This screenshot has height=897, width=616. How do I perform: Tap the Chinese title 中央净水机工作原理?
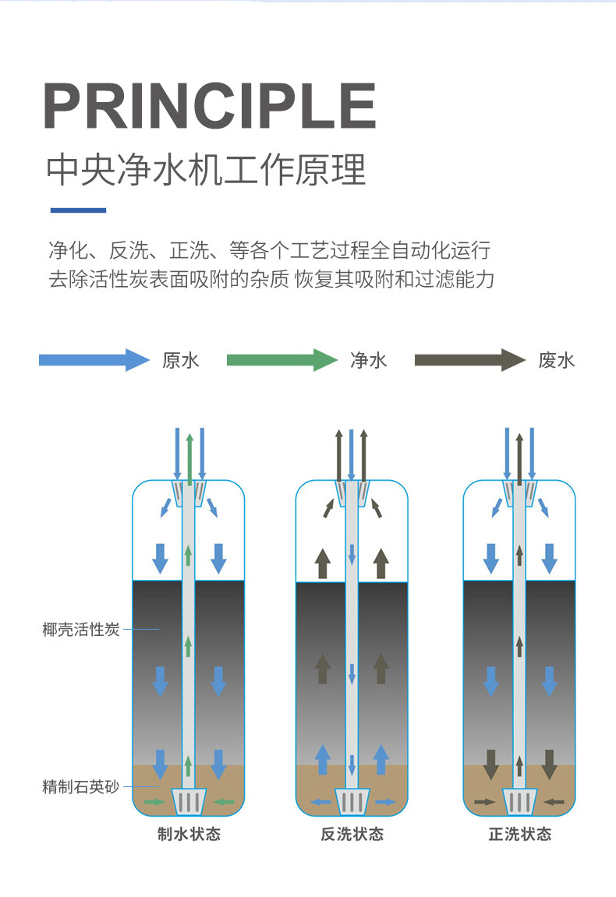point(206,170)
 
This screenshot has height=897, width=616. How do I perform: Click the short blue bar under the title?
point(78,210)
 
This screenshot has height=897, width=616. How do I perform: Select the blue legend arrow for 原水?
point(94,360)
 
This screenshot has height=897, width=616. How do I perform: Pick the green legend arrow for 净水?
point(281,360)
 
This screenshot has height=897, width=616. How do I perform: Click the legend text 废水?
point(556,360)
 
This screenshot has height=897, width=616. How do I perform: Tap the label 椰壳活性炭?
point(81,630)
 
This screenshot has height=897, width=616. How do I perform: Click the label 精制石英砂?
point(81,786)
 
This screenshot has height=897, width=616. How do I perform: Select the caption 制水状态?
point(189,835)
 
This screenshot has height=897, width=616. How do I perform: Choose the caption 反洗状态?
point(352,835)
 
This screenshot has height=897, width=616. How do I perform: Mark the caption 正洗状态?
point(519,835)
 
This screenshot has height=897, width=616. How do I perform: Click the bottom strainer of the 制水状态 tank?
point(189,800)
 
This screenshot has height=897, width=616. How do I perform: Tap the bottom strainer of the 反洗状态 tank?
point(352,800)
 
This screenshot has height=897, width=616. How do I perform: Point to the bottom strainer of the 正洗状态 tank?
point(519,800)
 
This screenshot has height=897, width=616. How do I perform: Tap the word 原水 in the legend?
point(181,360)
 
